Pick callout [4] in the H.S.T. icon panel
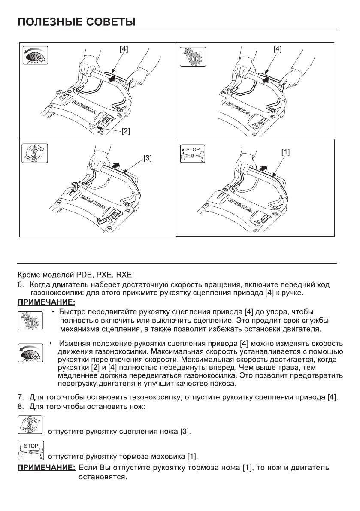tap(123, 49)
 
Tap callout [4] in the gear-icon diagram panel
tap(278, 49)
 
